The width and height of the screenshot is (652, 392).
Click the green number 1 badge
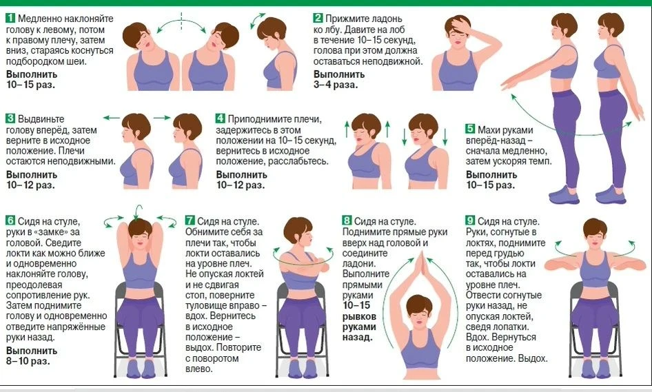10,19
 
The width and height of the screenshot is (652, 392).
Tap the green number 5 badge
470,129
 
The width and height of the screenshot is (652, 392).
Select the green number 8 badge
347,220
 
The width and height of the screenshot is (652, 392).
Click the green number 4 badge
221,118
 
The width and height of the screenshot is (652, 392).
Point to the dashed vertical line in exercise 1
181,21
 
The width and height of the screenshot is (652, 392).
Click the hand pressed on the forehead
460,25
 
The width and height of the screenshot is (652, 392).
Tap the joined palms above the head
422,266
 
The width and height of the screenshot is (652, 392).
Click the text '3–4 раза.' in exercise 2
336,85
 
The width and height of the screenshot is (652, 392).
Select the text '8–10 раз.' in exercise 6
28,361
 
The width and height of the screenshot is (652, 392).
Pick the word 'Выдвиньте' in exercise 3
41,119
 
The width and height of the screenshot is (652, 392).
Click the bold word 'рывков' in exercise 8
359,316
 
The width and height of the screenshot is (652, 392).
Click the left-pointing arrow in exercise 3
111,118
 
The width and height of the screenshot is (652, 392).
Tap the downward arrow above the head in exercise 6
138,212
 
